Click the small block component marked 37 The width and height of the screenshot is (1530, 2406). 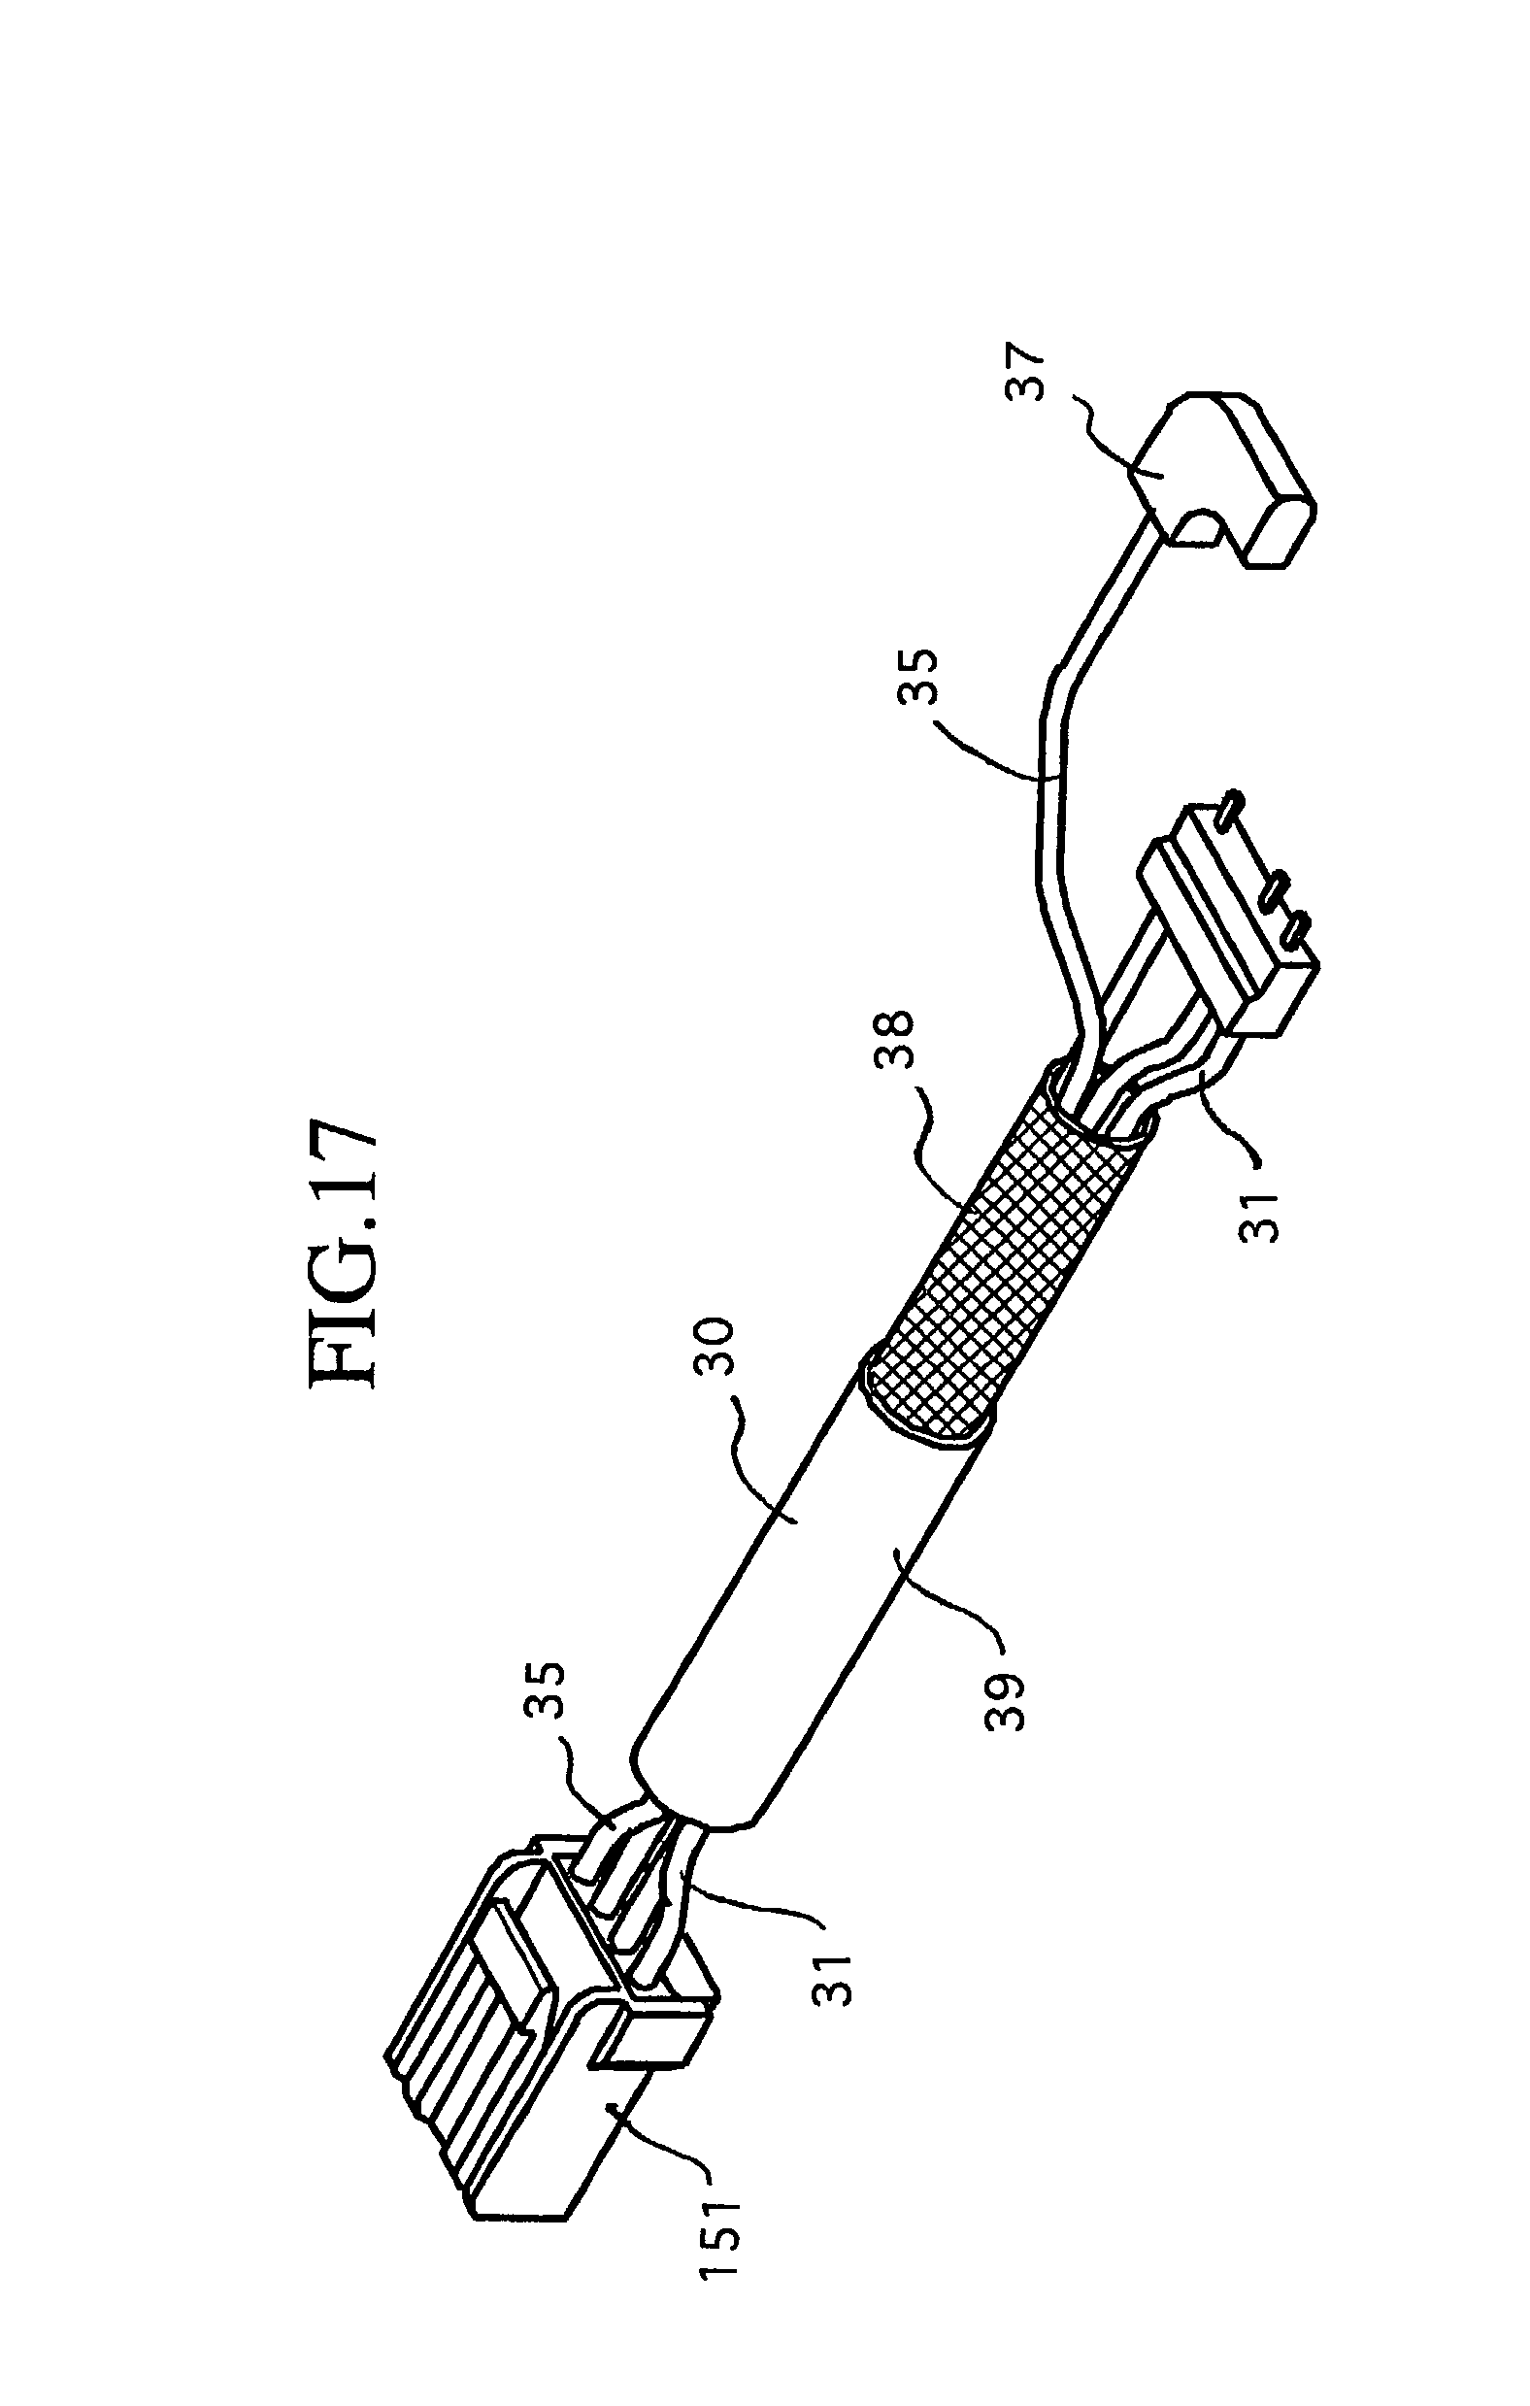1219,480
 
